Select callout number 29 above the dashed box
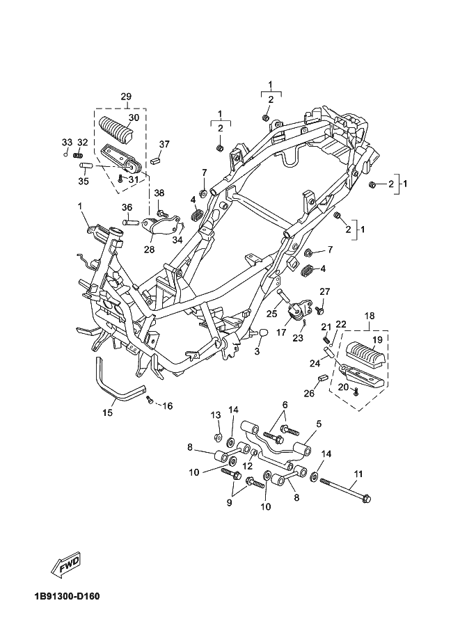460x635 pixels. click(x=125, y=96)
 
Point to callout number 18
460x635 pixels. click(x=369, y=315)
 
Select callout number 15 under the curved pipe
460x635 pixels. click(x=107, y=412)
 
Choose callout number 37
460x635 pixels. click(x=164, y=144)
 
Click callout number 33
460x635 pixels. click(x=67, y=143)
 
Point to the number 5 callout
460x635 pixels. click(x=319, y=423)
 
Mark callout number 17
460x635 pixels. click(x=281, y=333)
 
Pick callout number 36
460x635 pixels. click(x=127, y=207)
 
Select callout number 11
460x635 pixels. click(x=358, y=476)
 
